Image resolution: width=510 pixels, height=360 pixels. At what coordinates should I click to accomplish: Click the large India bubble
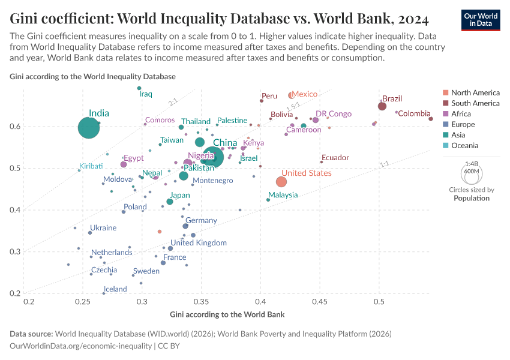[x=88, y=128]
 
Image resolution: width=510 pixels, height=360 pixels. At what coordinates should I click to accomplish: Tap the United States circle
[x=281, y=182]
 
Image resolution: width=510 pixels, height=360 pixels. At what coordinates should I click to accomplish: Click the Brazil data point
[x=382, y=106]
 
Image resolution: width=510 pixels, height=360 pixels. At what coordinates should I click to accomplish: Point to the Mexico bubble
[x=292, y=95]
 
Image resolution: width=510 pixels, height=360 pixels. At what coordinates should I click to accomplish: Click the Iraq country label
[x=146, y=94]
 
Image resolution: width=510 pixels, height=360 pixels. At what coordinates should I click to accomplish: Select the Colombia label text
[x=415, y=113]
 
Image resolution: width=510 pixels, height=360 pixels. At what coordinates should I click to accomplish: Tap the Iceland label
[x=115, y=289]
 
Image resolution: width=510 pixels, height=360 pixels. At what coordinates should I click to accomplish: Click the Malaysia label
[x=283, y=195]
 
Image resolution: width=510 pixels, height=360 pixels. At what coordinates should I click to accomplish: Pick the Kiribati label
[x=91, y=166]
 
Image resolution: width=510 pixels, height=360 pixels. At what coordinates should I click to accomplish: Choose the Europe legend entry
[x=463, y=124]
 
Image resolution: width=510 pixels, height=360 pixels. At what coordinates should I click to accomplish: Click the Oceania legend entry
[x=464, y=145]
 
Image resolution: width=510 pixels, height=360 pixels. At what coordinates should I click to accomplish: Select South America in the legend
[x=475, y=103]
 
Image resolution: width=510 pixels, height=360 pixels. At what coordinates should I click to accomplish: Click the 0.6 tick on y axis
[x=14, y=127]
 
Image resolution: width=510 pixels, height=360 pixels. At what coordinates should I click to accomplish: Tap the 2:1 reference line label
[x=173, y=103]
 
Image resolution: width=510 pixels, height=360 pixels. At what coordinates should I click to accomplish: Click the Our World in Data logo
[x=481, y=20]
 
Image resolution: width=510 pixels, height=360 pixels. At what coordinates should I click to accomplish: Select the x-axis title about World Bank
[x=227, y=314]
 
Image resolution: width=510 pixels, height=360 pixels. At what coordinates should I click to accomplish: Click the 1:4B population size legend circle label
[x=472, y=163]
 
